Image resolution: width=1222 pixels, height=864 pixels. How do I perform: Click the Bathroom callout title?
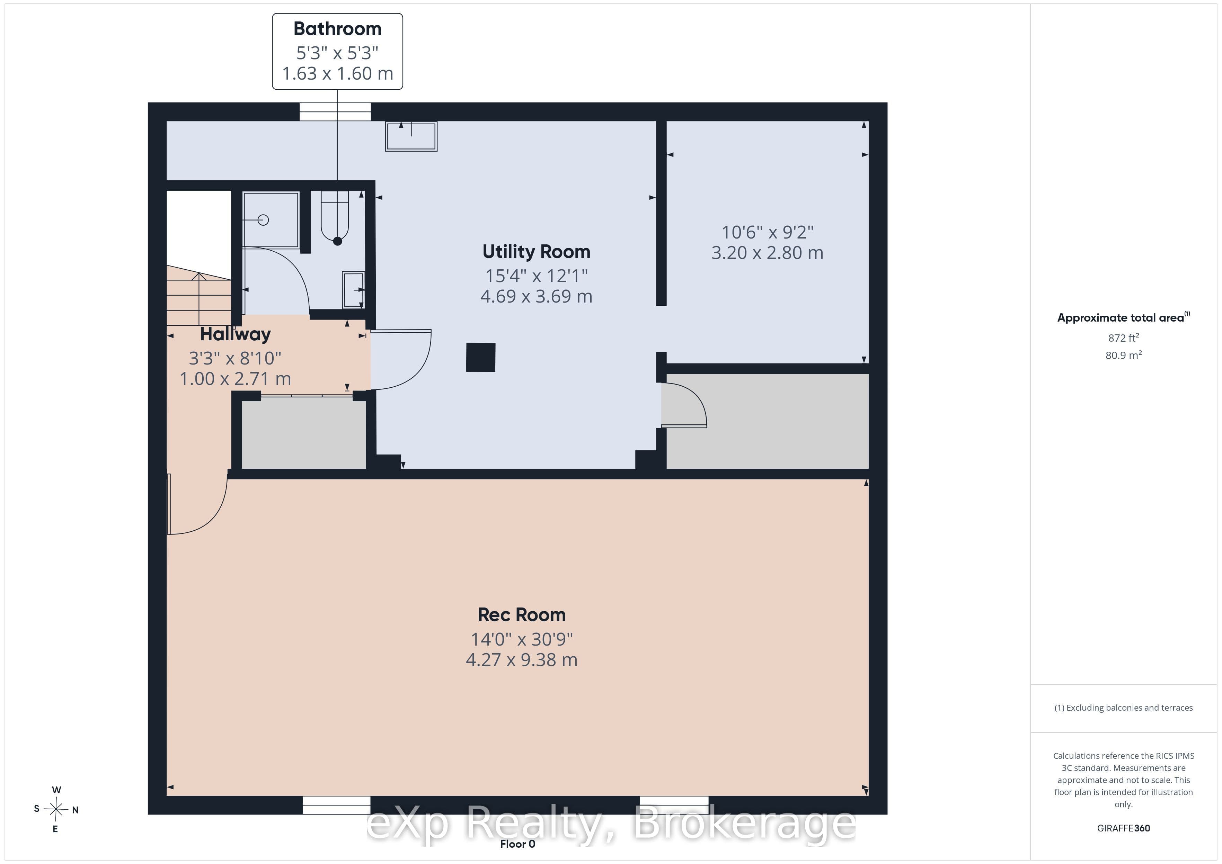point(337,29)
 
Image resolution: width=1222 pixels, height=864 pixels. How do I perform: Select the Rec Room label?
point(522,615)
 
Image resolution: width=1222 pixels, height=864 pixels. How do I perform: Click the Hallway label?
point(235,334)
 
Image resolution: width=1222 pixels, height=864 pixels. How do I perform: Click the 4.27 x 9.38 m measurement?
point(522,660)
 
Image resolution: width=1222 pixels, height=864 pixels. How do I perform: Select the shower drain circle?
point(263,220)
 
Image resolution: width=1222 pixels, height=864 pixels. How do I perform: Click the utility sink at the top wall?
point(411,136)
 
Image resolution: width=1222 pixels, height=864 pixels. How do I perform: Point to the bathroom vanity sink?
point(353,290)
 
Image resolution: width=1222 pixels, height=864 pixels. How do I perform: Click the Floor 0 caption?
point(517,844)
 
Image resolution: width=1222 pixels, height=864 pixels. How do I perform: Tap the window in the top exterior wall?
point(335,112)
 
